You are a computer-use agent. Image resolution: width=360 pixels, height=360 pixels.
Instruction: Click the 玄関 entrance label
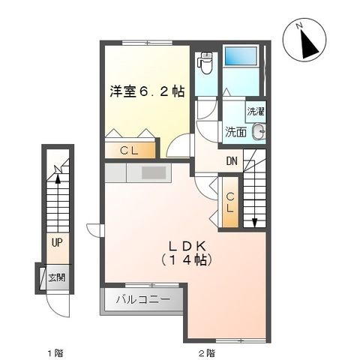coord(57,277)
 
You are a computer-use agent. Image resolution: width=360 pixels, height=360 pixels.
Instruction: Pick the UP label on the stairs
coord(57,242)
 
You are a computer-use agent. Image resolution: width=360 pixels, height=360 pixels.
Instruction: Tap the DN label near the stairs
coord(232,160)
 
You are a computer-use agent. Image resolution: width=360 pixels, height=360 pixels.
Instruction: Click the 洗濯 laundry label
coord(256,111)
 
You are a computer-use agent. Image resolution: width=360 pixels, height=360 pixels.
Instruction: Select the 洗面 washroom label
coord(236,132)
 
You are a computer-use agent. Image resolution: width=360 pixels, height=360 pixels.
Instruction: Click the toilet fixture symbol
coord(205,63)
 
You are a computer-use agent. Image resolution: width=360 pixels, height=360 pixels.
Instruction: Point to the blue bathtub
coord(242,56)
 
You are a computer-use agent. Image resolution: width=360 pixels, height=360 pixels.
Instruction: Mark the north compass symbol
coord(307,43)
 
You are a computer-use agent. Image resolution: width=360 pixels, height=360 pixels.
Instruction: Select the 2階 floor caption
coord(207,352)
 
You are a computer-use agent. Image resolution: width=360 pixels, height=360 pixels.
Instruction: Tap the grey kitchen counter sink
coord(154,173)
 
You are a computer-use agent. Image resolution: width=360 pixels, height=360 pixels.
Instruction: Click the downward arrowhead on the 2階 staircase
coord(256,222)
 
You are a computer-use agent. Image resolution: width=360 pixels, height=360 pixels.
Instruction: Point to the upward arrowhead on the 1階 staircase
coord(56,178)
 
